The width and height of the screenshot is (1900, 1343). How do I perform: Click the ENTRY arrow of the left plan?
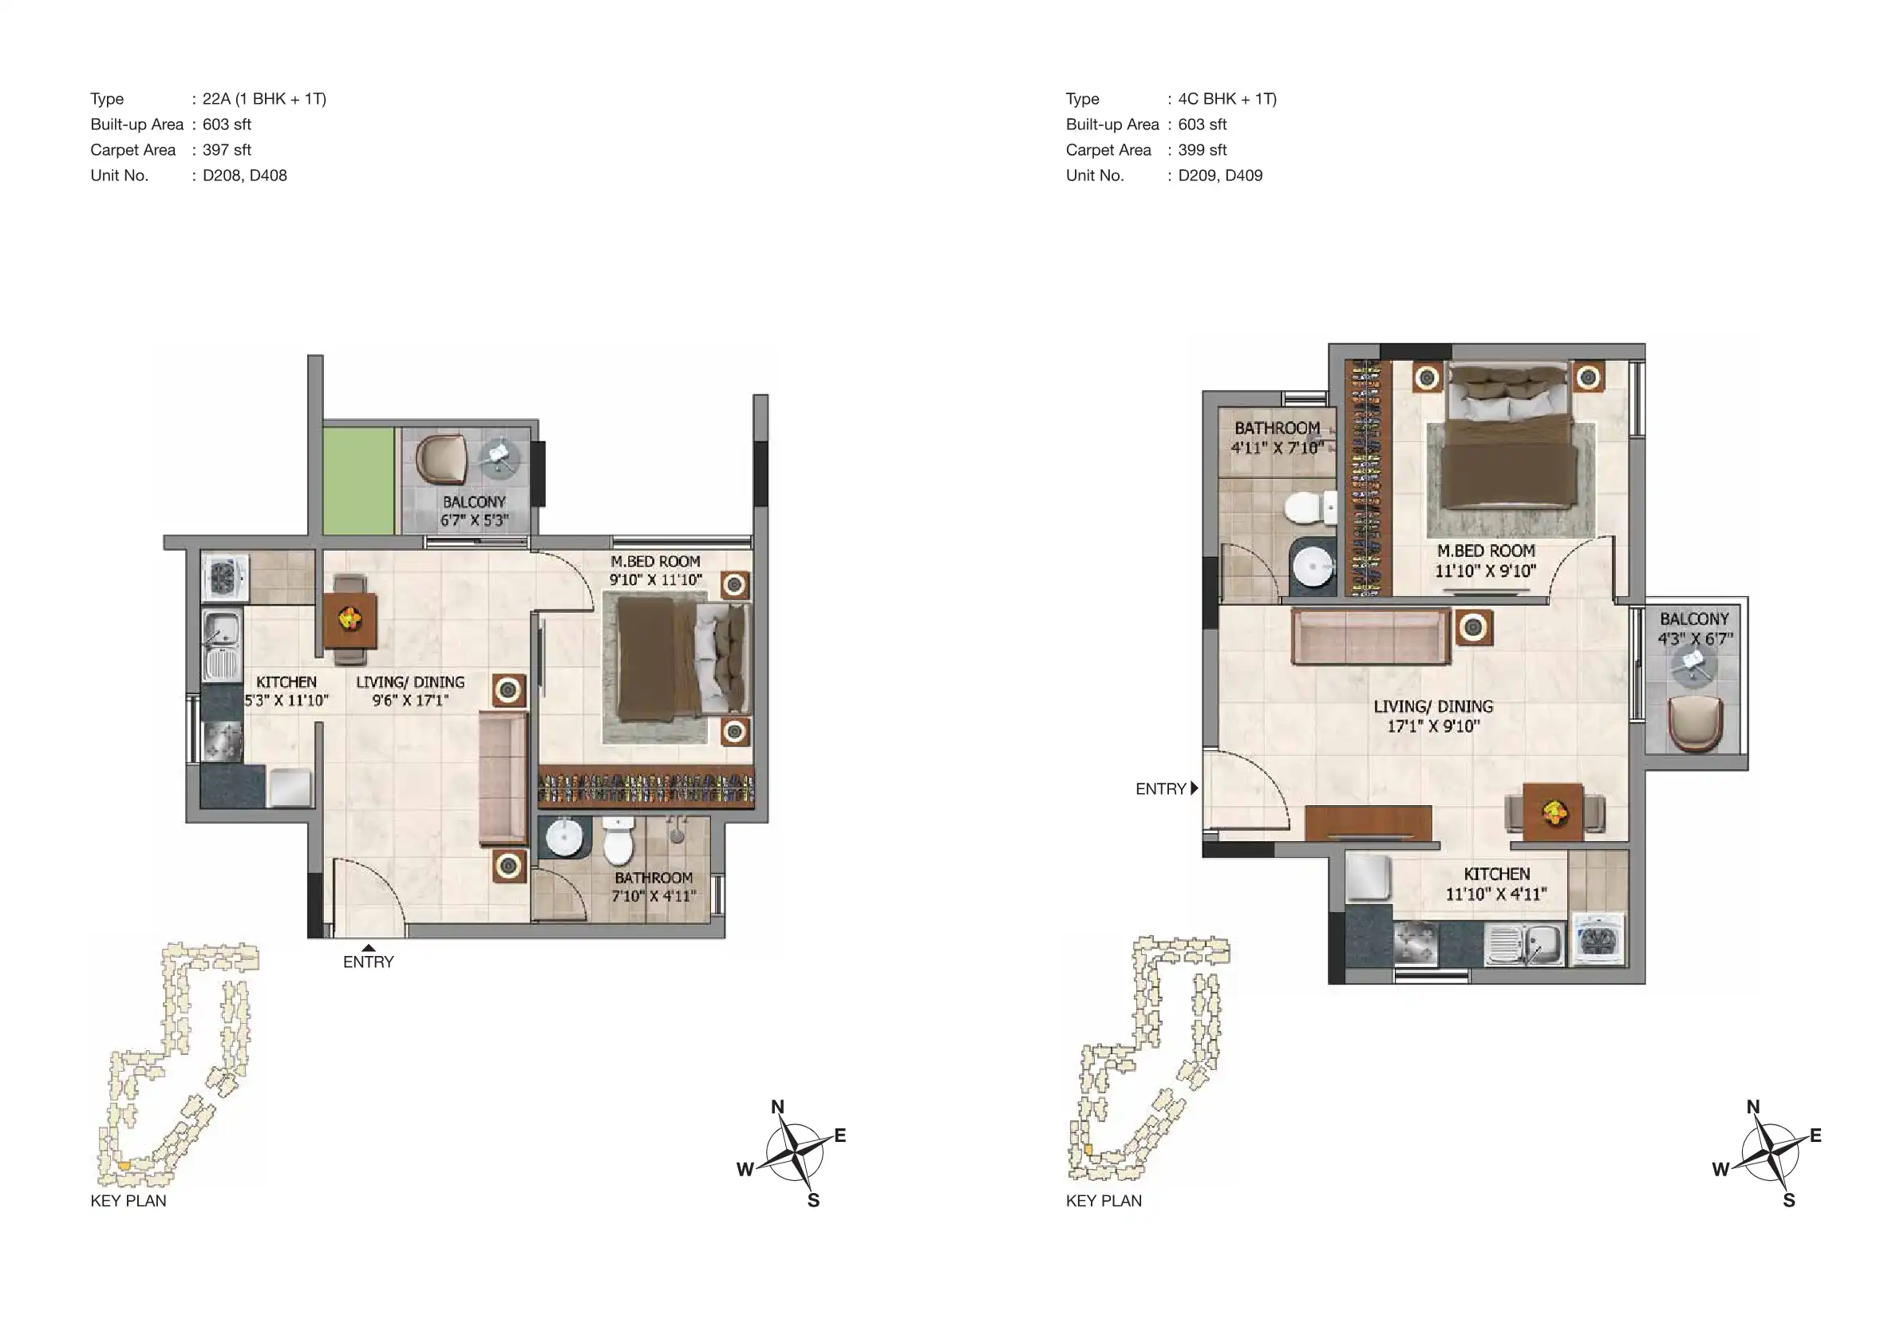coord(368,948)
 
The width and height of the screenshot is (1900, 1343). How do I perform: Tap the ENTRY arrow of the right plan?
coord(1194,788)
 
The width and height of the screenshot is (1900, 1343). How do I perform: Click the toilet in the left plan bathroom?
coord(618,841)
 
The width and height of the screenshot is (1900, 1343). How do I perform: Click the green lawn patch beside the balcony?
coord(358,480)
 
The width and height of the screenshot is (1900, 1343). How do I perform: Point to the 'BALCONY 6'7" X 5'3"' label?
coord(474,512)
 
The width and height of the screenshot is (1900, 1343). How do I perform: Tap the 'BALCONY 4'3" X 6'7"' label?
coord(1694,629)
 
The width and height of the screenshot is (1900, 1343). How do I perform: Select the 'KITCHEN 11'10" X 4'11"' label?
coord(1496,883)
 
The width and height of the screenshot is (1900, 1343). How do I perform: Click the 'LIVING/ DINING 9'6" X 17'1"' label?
coord(410,691)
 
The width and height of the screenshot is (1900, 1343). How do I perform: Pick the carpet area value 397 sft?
coord(227,150)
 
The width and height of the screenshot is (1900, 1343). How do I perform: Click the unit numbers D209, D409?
coord(1220,176)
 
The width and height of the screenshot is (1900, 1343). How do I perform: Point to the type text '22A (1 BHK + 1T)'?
coord(264,98)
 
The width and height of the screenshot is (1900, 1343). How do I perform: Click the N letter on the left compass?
coord(777,1106)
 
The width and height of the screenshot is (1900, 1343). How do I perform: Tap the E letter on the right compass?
coord(1815,1136)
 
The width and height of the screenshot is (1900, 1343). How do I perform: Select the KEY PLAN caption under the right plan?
coord(1104,1201)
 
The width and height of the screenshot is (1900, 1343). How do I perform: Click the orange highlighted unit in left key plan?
coord(124,1165)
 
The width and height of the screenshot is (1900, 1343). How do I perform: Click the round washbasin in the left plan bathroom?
coord(564,837)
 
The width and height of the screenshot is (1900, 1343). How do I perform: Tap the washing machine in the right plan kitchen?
coord(1597,939)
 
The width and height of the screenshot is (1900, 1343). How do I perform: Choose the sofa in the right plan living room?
coord(1370,635)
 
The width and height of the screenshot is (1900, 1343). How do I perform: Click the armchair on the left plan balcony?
coord(441,460)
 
